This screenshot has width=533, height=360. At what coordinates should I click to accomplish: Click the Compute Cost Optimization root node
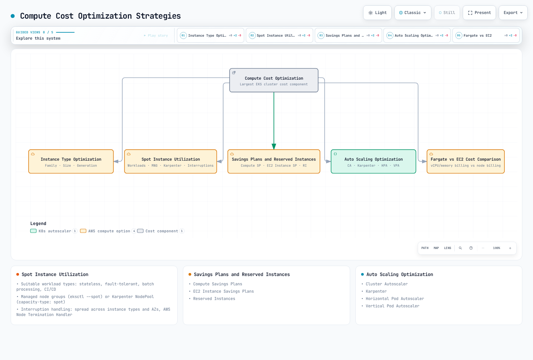273,80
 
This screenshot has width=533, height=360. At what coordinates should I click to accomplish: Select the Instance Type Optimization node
71,161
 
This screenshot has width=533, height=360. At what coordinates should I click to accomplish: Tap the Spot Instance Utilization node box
170,161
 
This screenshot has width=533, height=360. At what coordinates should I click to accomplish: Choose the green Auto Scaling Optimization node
373,161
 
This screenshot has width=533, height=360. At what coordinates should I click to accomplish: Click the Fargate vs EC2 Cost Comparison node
465,161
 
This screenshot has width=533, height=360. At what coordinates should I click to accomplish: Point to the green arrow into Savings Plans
274,121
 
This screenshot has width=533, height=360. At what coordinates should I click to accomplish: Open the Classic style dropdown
413,13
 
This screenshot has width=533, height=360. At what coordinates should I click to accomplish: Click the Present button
479,13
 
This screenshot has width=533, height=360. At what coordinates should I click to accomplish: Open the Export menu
513,13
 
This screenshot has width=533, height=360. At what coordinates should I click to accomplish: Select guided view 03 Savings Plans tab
348,35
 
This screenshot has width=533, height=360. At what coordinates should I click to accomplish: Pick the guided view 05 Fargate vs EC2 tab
486,35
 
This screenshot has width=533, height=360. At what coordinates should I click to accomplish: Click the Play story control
156,35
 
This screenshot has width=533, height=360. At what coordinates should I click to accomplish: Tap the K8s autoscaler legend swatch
33,231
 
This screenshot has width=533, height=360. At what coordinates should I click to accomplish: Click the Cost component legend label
162,231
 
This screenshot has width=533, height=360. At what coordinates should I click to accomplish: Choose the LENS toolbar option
447,248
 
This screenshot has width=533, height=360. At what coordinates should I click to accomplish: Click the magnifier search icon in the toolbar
460,248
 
